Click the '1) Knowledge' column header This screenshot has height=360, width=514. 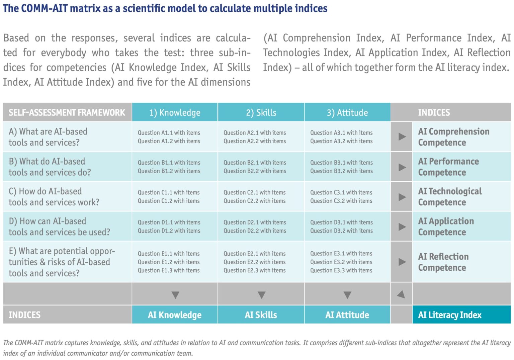[x=175, y=112]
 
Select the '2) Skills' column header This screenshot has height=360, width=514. [x=261, y=112]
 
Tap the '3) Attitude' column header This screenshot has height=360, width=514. [x=347, y=112]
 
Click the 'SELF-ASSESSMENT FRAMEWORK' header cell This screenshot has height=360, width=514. [x=67, y=112]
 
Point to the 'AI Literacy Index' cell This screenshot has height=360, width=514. [x=462, y=315]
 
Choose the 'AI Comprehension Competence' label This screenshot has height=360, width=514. [x=454, y=137]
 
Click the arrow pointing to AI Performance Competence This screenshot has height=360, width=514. [x=402, y=167]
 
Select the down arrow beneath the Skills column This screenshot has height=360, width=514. [x=262, y=295]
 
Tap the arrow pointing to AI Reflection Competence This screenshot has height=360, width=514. [x=402, y=262]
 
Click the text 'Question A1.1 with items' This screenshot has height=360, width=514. [x=169, y=132]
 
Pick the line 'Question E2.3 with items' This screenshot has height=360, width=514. [x=255, y=270]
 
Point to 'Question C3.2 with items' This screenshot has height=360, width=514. [x=341, y=201]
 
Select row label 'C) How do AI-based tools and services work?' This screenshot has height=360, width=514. [x=54, y=197]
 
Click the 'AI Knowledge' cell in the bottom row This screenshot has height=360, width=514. [x=175, y=315]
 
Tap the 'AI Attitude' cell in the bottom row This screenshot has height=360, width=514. [x=347, y=315]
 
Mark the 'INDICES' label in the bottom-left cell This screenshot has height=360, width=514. [x=24, y=315]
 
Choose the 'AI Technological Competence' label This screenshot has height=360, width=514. [x=450, y=197]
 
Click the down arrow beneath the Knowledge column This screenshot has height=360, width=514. [x=176, y=295]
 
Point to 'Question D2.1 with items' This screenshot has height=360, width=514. [x=255, y=222]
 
